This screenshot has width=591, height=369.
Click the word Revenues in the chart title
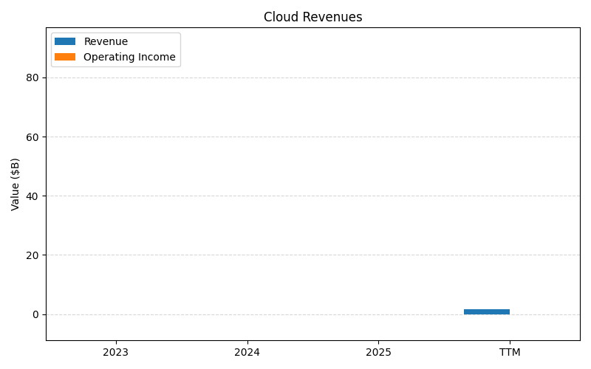pyautogui.click(x=329, y=17)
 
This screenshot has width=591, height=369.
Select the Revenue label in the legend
pyautogui.click(x=106, y=41)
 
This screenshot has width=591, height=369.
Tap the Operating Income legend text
pyautogui.click(x=129, y=57)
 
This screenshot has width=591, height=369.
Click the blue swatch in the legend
pyautogui.click(x=65, y=41)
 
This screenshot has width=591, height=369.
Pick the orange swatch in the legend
pyautogui.click(x=65, y=57)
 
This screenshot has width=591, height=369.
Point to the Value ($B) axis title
pyautogui.click(x=16, y=184)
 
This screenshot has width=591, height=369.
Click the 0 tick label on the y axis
pyautogui.click(x=35, y=314)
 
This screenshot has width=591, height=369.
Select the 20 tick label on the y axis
pyautogui.click(x=32, y=255)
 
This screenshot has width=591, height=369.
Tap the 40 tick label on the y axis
pyautogui.click(x=32, y=196)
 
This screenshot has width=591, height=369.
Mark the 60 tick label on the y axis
pyautogui.click(x=32, y=137)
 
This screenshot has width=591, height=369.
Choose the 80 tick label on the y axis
pyautogui.click(x=32, y=77)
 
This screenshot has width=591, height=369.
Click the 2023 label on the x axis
pyautogui.click(x=115, y=352)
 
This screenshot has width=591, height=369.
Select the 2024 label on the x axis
pyautogui.click(x=247, y=352)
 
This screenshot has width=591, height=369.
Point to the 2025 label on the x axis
pyautogui.click(x=378, y=352)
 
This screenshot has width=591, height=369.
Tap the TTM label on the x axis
pyautogui.click(x=510, y=352)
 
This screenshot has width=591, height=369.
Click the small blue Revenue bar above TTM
pyautogui.click(x=487, y=311)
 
